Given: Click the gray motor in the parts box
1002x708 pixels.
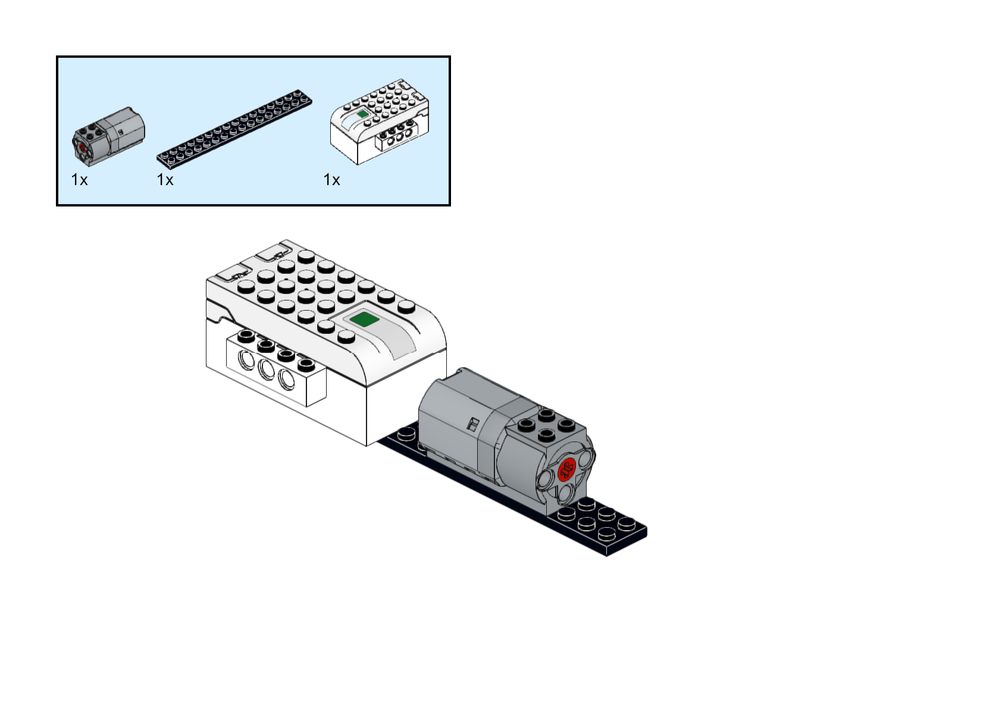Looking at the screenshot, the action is pyautogui.click(x=108, y=137).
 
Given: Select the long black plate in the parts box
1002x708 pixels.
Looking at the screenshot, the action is pyautogui.click(x=234, y=129).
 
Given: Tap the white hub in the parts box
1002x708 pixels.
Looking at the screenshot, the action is pyautogui.click(x=380, y=121).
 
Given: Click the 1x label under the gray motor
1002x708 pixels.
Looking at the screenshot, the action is pyautogui.click(x=79, y=180).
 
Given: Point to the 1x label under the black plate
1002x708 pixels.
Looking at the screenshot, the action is pyautogui.click(x=165, y=180).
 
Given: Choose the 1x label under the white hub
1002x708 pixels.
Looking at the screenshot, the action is pyautogui.click(x=331, y=180).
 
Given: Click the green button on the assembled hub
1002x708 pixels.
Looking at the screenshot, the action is pyautogui.click(x=364, y=319).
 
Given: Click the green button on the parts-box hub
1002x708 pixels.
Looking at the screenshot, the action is pyautogui.click(x=362, y=114).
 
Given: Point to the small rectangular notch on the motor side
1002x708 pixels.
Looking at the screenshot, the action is pyautogui.click(x=471, y=424).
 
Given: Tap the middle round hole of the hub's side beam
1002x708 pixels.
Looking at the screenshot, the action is pyautogui.click(x=267, y=369).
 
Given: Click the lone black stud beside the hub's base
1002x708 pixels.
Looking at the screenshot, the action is pyautogui.click(x=406, y=433).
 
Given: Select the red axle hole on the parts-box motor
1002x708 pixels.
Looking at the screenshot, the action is pyautogui.click(x=82, y=148).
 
